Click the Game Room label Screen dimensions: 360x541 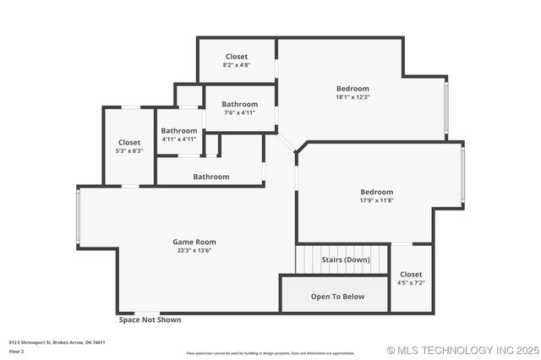coord(194,241)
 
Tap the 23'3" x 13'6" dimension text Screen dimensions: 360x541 coord(194,250)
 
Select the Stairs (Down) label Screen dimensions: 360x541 coord(345,259)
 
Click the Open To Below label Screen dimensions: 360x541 coord(337,297)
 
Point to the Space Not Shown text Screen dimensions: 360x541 coord(150,319)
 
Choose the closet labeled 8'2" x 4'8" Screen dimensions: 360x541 coord(237,57)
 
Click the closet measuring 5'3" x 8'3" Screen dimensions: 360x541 coord(129,143)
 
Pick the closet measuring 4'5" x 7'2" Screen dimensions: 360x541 coord(411,275)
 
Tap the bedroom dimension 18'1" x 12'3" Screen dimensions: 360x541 coord(352,97)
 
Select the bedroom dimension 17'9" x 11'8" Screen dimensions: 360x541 coord(376,200)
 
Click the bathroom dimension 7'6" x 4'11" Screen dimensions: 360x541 coord(239,112)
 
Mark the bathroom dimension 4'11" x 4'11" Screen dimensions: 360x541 coord(179,139)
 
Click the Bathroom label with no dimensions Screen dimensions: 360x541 coord(210,177)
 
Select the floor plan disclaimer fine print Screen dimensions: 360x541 coord(270,353)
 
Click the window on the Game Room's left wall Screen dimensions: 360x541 coord(78,216)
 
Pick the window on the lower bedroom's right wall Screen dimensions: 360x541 coord(462,173)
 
